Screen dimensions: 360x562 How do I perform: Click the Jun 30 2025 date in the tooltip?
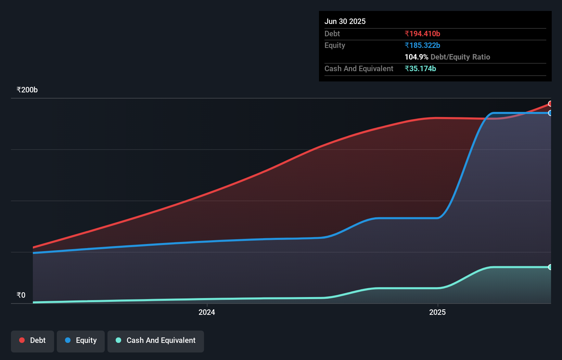pos(345,21)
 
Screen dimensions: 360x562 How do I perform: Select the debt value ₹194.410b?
pos(422,34)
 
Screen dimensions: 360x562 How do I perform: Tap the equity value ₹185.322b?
pos(422,45)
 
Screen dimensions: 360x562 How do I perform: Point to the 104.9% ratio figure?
pos(416,57)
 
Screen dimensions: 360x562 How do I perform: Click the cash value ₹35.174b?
pos(420,68)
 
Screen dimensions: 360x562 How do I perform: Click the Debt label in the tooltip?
pos(332,34)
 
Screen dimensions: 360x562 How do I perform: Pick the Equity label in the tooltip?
pos(335,45)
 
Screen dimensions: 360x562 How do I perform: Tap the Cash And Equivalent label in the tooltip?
pos(359,68)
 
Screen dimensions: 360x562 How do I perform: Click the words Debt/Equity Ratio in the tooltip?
pos(460,57)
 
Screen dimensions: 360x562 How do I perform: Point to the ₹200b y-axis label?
pos(27,90)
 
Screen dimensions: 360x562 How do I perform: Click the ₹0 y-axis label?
pos(21,295)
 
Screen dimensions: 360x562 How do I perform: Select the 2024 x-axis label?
pos(207,312)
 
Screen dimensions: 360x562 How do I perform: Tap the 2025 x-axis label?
pos(437,312)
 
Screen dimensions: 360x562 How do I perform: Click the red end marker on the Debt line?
pos(550,104)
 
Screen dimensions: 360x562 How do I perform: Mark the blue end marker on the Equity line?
pos(550,113)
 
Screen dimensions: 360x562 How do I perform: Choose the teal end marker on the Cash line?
pos(550,267)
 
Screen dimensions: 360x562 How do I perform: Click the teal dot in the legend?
pos(118,340)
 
